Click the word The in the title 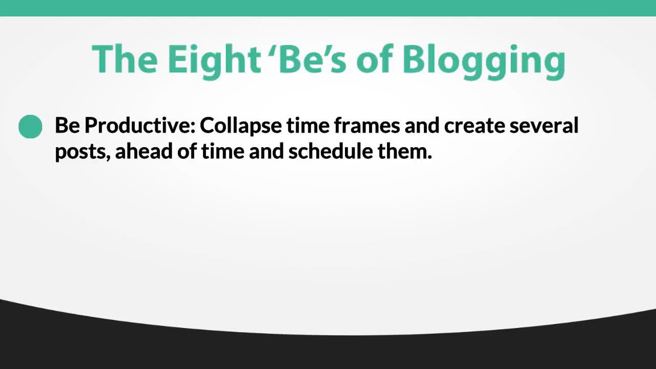coord(125,58)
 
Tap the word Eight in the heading coord(214,62)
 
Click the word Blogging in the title coord(484,62)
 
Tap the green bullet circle coord(30,127)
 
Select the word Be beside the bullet coord(67,126)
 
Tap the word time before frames coord(308,126)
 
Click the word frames coord(367,126)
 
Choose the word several coord(544,126)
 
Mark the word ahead coord(144,151)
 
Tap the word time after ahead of coord(223,151)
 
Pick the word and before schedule coord(266,151)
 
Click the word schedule coord(331,151)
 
